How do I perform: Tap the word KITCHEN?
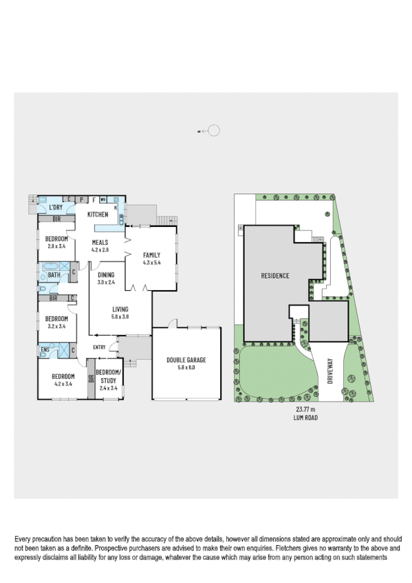click(x=98, y=214)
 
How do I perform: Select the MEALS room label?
click(x=101, y=243)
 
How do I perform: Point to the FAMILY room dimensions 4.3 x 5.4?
click(x=151, y=262)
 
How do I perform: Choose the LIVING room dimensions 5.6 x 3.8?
click(x=120, y=317)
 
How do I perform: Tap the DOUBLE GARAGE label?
click(x=186, y=360)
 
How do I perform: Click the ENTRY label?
click(x=98, y=347)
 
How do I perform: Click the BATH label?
click(x=54, y=276)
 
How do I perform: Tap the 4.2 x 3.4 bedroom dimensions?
click(x=62, y=384)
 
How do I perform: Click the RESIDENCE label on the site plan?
click(x=274, y=276)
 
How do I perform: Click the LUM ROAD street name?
click(x=302, y=417)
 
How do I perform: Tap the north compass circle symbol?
click(x=213, y=130)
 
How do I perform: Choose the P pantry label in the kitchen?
click(x=81, y=199)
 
